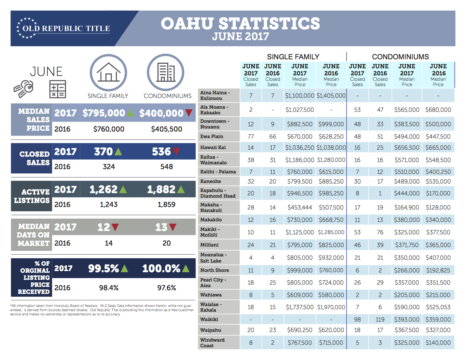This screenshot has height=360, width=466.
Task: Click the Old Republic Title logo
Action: [63, 28]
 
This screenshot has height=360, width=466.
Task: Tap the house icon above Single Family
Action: [108, 72]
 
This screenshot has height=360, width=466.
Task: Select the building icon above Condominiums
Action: [166, 72]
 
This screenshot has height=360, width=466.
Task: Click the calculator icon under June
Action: [58, 89]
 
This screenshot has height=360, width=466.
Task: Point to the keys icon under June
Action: [23, 89]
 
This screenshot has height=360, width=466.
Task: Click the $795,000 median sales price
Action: [104, 113]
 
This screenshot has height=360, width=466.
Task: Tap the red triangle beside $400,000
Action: [189, 113]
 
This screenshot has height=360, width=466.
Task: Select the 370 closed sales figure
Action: [103, 152]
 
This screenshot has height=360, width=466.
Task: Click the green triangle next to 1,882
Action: [181, 189]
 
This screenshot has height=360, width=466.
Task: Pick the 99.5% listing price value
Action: [104, 269]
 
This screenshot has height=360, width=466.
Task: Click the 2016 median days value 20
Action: [167, 243]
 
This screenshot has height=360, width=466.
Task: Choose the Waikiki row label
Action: [209, 319]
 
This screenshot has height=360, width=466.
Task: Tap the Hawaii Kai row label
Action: [213, 147]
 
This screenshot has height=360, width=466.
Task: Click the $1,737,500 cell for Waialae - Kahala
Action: [300, 307]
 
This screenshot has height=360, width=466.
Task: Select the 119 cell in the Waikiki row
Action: [380, 319]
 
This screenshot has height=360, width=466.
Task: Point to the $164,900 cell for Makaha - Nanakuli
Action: [407, 207]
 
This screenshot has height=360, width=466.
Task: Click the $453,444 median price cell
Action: [300, 207]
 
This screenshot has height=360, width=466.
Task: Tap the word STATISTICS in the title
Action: [269, 23]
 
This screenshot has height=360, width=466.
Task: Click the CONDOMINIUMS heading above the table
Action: [400, 57]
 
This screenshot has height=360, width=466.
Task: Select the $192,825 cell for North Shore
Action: [438, 270]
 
